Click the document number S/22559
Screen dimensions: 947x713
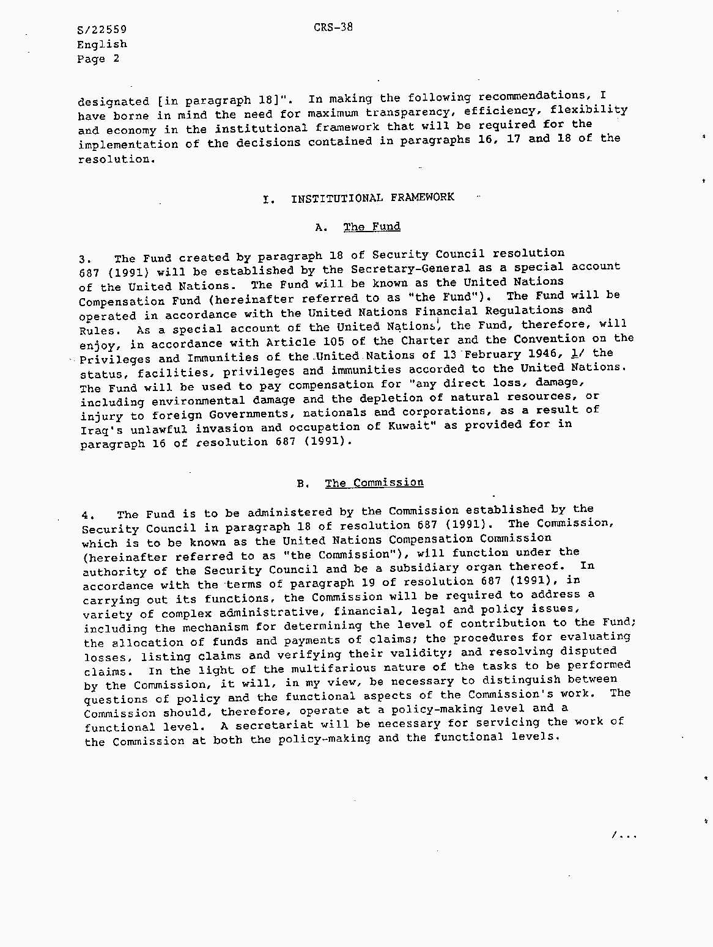point(102,30)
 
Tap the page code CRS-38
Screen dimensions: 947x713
point(333,27)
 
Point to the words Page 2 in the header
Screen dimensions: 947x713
point(98,59)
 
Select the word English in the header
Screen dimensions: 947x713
point(102,45)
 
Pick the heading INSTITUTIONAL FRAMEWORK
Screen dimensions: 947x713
point(372,197)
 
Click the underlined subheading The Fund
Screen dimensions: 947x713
point(372,227)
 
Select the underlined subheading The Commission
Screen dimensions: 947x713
point(374,483)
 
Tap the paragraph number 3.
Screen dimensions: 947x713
point(85,259)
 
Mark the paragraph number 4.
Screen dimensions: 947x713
point(88,515)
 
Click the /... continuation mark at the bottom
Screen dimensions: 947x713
point(624,835)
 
